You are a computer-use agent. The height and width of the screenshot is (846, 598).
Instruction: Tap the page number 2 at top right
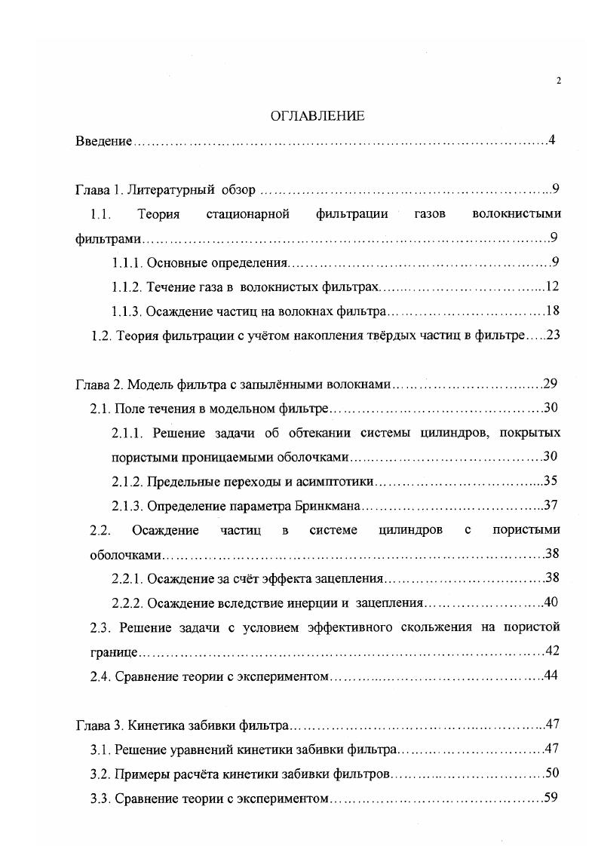[x=558, y=81]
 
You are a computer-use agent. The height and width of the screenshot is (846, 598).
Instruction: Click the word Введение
[x=104, y=141]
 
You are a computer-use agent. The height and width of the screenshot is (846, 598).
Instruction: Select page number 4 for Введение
[x=553, y=140]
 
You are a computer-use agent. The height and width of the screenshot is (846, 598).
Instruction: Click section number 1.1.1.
[x=126, y=263]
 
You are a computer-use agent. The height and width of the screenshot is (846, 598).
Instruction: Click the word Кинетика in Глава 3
[x=156, y=725]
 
